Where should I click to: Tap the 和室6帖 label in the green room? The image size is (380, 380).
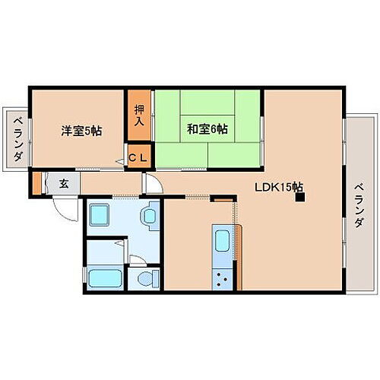(206, 129)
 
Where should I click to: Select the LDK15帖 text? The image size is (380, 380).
(279, 187)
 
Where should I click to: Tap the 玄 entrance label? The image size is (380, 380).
(65, 183)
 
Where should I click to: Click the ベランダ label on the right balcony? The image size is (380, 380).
(359, 205)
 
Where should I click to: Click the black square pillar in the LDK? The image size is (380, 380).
(300, 199)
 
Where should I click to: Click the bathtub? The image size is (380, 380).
(104, 277)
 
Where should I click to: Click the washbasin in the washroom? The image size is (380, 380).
(148, 217)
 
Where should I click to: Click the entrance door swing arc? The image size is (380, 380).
(67, 210)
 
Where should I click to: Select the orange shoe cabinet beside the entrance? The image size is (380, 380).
(36, 183)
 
